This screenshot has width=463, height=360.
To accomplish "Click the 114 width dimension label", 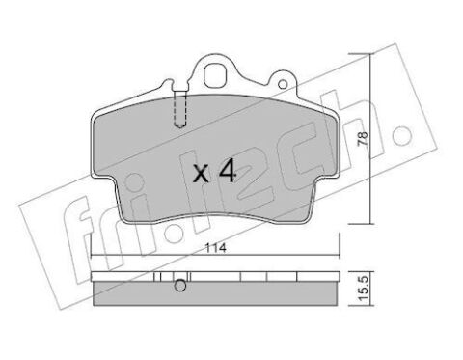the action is click(x=216, y=248).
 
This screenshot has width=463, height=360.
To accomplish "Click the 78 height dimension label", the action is click(x=363, y=139).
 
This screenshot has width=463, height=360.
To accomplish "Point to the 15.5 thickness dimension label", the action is click(x=363, y=289).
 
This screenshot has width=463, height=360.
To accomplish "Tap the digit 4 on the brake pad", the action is click(x=228, y=172).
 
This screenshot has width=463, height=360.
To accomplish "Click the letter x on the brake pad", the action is click(x=202, y=174).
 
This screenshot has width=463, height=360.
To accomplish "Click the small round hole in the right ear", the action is click(x=283, y=85).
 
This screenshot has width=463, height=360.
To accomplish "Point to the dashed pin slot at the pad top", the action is click(x=180, y=109).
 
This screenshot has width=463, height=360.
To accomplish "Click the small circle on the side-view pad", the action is click(x=180, y=286).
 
